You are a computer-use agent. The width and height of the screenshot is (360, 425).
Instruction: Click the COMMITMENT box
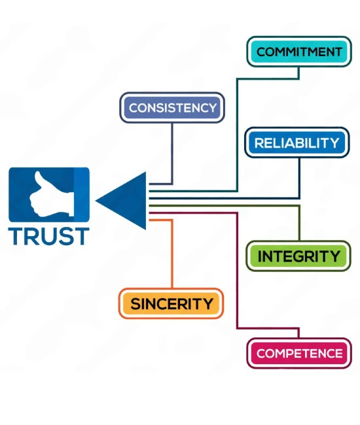[299, 52]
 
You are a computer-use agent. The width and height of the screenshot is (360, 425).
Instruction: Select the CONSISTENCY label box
[172, 108]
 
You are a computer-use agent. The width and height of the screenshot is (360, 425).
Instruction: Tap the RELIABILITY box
[297, 143]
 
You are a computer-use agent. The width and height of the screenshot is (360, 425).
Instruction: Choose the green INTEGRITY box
[298, 256]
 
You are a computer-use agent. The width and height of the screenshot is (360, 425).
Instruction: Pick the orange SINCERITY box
[171, 303]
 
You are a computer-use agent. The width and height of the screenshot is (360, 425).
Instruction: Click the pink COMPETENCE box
[299, 353]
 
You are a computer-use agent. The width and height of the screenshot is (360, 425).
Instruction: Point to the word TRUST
[49, 236]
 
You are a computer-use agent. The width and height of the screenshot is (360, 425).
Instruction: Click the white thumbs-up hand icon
[52, 194]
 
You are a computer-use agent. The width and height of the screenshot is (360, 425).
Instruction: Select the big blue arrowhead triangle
[121, 201]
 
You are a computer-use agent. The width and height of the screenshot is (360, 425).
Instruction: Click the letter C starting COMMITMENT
[261, 52]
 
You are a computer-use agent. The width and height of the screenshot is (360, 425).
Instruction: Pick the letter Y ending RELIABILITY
[334, 143]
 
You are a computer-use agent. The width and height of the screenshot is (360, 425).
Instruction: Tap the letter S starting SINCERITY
[135, 303]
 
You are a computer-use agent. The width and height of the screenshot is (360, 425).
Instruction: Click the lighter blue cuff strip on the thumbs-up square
[81, 195]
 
